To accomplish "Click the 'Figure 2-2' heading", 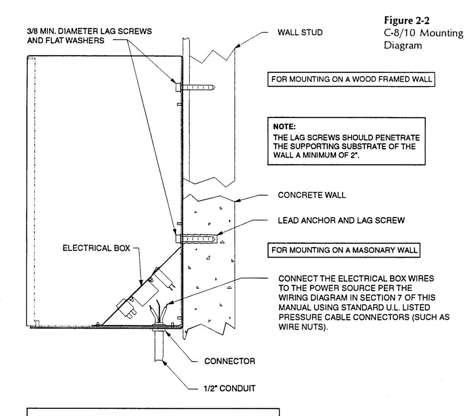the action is [x=407, y=21].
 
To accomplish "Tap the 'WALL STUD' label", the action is [x=300, y=32].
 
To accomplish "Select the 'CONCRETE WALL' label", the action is [x=312, y=195].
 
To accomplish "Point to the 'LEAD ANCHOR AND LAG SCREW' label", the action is [x=341, y=220].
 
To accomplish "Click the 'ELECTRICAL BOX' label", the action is [x=96, y=248].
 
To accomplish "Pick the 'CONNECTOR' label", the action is [x=230, y=361].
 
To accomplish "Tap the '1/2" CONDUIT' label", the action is [x=230, y=388].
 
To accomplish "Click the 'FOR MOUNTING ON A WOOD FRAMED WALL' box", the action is [x=351, y=79].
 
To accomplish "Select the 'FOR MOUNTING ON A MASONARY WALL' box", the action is [x=344, y=250].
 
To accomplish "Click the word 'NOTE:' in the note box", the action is [x=284, y=127].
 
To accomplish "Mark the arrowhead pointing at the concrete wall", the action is [x=238, y=200].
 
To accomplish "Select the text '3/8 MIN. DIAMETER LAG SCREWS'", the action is [x=89, y=31].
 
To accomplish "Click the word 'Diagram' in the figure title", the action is [x=403, y=45].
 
